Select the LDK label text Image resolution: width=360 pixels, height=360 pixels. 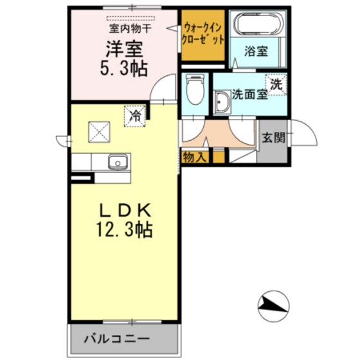pyautogui.click(x=125, y=210)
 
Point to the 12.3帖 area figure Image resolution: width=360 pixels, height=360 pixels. pyautogui.click(x=125, y=230)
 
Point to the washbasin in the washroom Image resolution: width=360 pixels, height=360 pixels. pyautogui.click(x=222, y=102)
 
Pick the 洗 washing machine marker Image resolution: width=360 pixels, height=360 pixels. pyautogui.click(x=276, y=84)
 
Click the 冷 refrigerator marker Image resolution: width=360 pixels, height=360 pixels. pyautogui.click(x=136, y=116)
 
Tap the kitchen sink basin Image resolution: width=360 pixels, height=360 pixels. pyautogui.click(x=116, y=161)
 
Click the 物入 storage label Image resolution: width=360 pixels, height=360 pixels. pyautogui.click(x=195, y=156)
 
